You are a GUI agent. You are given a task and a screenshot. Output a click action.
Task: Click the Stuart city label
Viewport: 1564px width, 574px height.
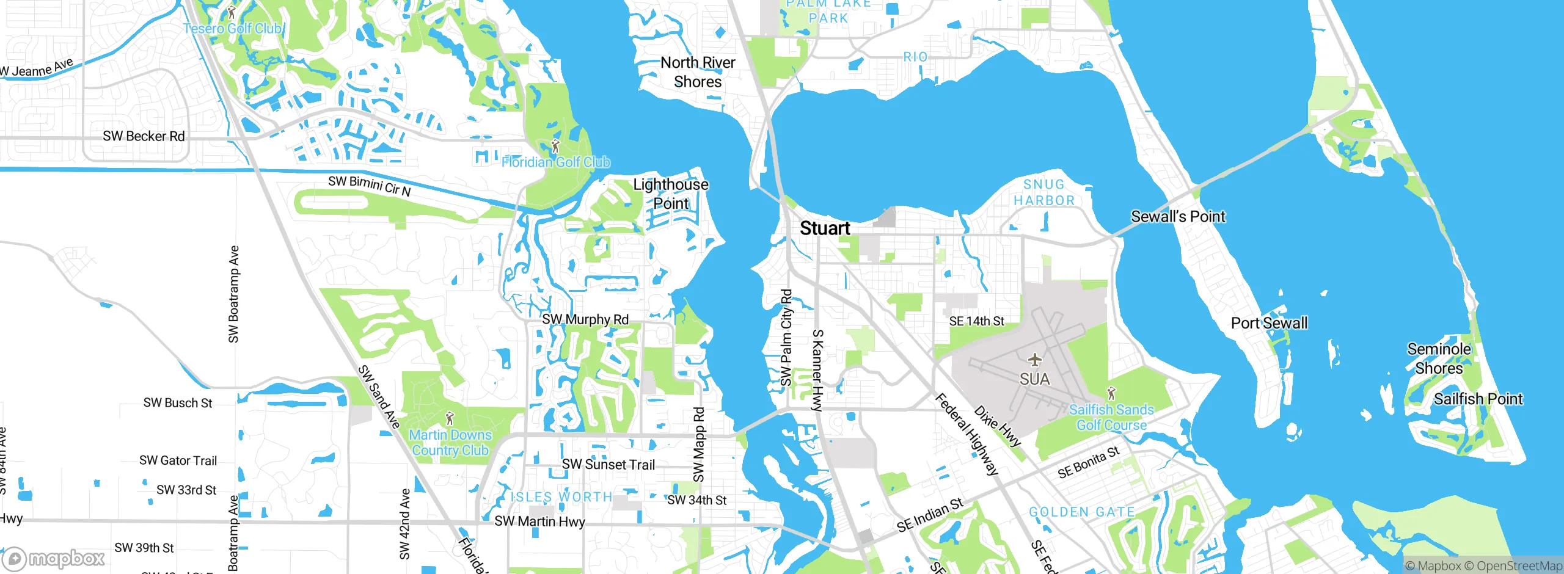pos(825,228)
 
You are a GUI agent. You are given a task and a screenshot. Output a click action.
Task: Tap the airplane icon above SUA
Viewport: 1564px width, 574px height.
pos(1034,359)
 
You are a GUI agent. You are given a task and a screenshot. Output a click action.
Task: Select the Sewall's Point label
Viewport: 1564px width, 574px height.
pos(1177,216)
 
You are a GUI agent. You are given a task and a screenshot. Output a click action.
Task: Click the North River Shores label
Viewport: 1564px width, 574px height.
pos(698,72)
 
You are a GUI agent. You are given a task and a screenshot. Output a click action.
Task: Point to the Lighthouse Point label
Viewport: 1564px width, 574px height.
pos(671,194)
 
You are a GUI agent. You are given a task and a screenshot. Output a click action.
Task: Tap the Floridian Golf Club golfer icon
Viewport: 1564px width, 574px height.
pos(555,147)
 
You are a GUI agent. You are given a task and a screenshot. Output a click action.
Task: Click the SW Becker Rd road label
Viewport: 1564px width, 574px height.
pos(144,136)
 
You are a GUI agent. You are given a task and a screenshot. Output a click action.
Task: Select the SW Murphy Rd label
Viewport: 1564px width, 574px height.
pos(585,319)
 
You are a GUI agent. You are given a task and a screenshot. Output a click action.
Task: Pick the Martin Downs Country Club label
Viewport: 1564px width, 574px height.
pos(450,443)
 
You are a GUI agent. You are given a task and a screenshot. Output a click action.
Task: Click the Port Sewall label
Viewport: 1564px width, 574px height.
pos(1269,323)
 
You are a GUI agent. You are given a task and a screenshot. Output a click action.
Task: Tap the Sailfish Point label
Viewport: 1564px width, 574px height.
pos(1478,399)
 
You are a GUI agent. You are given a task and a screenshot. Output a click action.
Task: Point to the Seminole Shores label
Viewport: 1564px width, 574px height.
pos(1439,358)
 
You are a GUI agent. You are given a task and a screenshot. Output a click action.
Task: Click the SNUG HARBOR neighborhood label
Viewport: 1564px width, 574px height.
pos(1043,192)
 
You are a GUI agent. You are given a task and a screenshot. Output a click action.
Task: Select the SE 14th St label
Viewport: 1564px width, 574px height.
pos(976,321)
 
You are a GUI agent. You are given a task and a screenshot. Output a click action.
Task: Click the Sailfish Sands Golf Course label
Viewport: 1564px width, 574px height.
pos(1111,417)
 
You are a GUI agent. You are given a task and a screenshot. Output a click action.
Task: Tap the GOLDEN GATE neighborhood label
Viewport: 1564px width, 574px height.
pos(1081,512)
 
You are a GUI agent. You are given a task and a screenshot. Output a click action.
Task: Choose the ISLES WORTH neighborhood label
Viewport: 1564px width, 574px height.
pos(561,497)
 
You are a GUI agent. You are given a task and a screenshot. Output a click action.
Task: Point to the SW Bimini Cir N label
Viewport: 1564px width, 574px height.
pos(369,186)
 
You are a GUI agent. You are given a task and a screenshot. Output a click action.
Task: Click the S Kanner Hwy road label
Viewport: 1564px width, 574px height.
pos(817,370)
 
